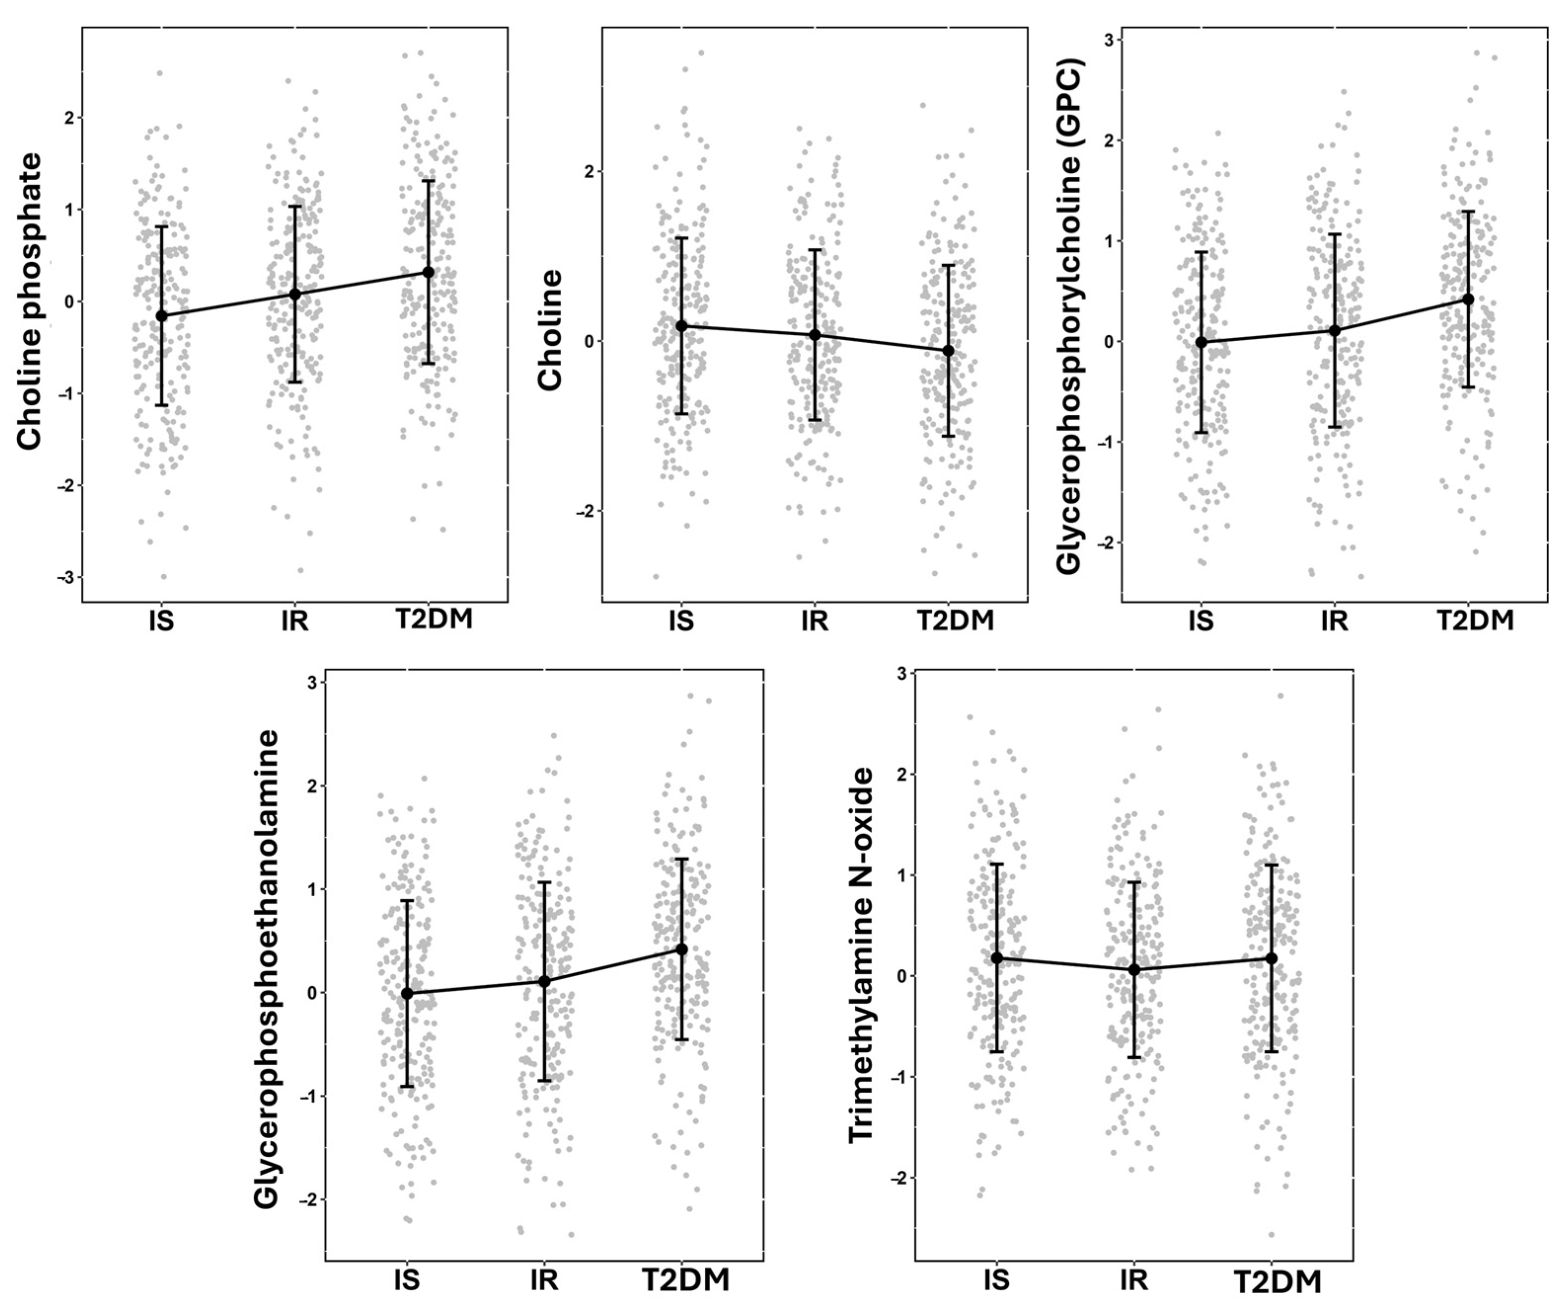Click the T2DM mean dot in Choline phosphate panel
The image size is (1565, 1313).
coord(428,272)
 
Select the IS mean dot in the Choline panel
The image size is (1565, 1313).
coord(681,326)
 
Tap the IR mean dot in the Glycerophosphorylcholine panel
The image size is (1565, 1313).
coord(1335,330)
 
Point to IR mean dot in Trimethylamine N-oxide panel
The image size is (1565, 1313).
coord(1134,970)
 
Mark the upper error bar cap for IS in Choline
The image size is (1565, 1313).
coord(681,238)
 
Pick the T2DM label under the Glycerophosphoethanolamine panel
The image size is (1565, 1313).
coord(686,1281)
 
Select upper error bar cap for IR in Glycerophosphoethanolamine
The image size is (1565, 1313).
coord(545,882)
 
